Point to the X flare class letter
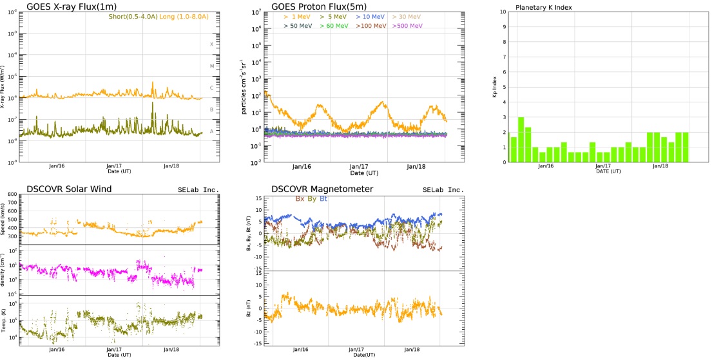[211, 44]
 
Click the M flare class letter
[211, 66]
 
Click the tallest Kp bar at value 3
[521, 139]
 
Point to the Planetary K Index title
[544, 8]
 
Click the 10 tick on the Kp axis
[503, 12]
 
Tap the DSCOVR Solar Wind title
[70, 189]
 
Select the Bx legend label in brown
[300, 199]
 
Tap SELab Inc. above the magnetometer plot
[443, 190]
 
